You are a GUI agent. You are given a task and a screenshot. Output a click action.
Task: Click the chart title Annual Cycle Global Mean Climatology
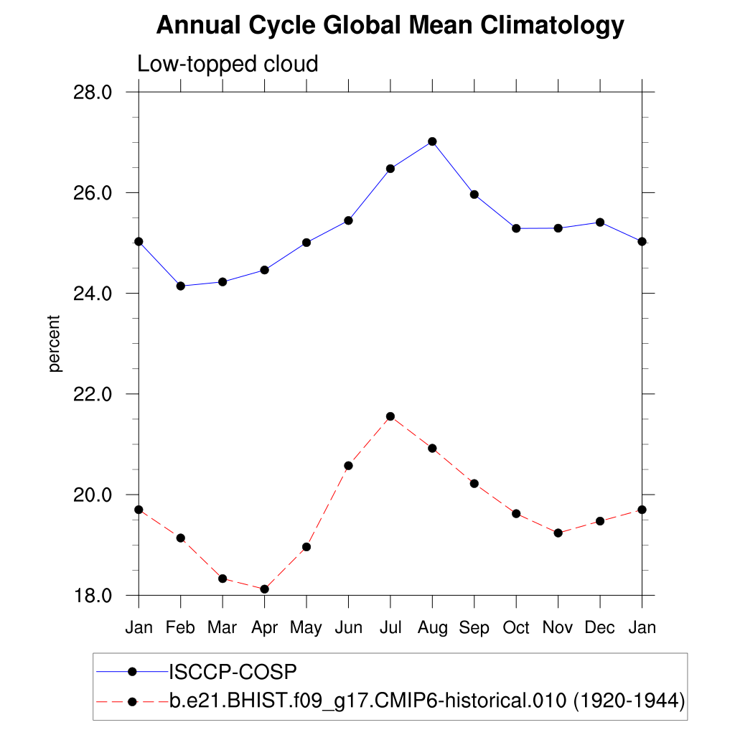coord(390,26)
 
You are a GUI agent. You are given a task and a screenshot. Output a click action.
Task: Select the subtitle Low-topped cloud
coord(228,65)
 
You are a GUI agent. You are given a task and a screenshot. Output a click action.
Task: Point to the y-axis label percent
coord(55,344)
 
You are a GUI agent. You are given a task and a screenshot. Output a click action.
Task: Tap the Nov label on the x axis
coord(558,628)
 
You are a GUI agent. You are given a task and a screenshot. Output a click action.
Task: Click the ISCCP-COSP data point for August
coord(432,141)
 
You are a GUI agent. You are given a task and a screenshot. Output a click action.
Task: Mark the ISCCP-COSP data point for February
coord(181,286)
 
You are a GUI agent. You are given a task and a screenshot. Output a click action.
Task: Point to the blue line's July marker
coord(390,169)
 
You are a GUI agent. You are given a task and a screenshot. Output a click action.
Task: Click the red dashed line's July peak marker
coord(390,416)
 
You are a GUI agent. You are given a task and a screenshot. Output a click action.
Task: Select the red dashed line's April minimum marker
coord(264,589)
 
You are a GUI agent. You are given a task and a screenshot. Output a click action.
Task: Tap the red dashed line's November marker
coord(558,533)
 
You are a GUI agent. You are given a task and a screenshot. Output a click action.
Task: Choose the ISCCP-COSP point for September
coord(474,195)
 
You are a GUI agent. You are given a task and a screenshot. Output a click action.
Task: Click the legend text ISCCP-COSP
coord(233,672)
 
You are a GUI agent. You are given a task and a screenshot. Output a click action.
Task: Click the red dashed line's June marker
coord(348,466)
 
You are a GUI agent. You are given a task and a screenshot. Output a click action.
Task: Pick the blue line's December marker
coord(600,223)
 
